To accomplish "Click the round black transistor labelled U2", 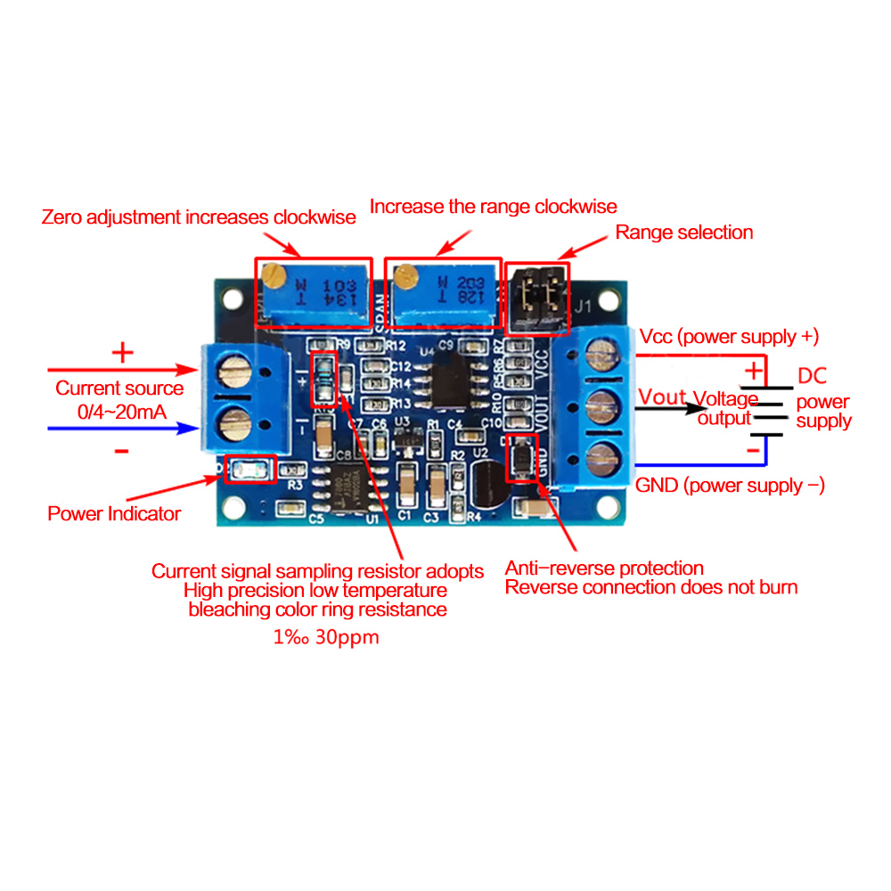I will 484,484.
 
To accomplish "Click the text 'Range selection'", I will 684,233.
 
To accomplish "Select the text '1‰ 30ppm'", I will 324,638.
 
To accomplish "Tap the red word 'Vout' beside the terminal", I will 663,397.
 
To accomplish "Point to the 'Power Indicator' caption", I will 114,514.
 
